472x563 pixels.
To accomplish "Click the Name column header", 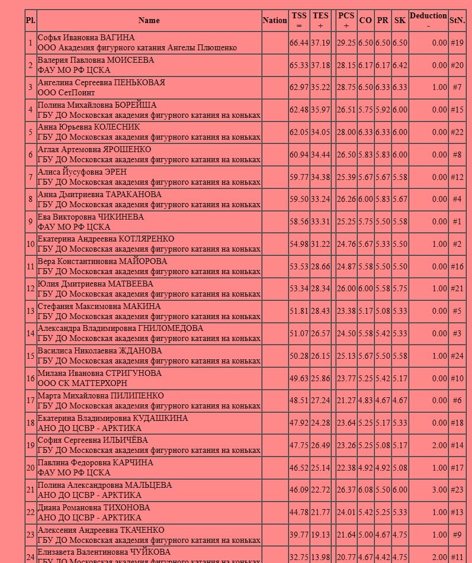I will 149,20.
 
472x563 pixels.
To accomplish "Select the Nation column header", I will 274,20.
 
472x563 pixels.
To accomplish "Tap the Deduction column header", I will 428,20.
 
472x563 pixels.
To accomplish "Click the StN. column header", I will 457,20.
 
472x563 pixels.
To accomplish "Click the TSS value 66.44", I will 298,43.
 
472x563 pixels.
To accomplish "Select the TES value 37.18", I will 320,65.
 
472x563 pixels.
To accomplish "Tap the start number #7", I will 457,88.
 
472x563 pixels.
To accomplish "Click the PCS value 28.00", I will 346,132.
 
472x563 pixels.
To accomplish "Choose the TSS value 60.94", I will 298,155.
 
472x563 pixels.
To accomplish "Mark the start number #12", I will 457,177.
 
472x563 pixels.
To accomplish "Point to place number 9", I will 30,221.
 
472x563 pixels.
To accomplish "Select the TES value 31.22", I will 320,244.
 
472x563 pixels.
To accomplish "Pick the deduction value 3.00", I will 439,490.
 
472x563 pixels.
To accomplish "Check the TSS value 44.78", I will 298,512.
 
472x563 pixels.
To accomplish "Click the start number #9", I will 457,535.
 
